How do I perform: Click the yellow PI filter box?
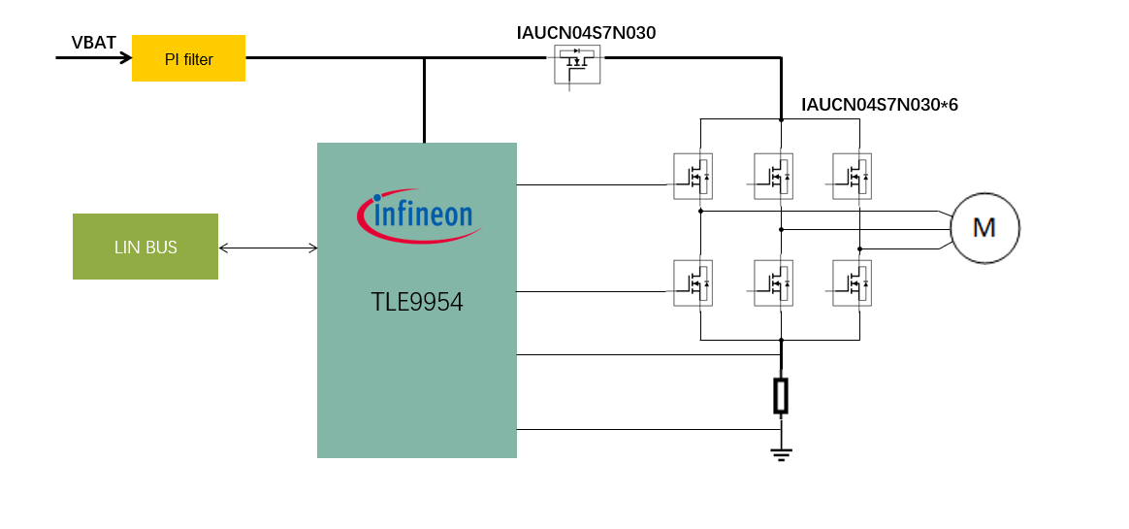188,58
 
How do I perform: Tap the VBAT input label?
93,43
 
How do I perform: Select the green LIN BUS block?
145,247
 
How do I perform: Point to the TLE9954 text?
417,302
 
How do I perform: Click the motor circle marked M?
984,228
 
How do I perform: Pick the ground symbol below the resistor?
781,451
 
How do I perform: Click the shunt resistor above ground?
781,396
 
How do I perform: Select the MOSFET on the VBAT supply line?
577,64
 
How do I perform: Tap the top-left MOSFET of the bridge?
694,177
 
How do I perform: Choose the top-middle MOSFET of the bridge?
773,177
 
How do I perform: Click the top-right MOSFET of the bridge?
852,177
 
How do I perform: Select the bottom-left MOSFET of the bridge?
694,283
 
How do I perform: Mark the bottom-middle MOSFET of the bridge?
773,283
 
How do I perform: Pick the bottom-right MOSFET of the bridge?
852,283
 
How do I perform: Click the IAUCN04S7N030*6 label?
879,105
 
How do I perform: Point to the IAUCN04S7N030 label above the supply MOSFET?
586,33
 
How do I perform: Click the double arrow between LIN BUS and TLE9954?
269,248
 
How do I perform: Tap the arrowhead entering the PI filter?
125,57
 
